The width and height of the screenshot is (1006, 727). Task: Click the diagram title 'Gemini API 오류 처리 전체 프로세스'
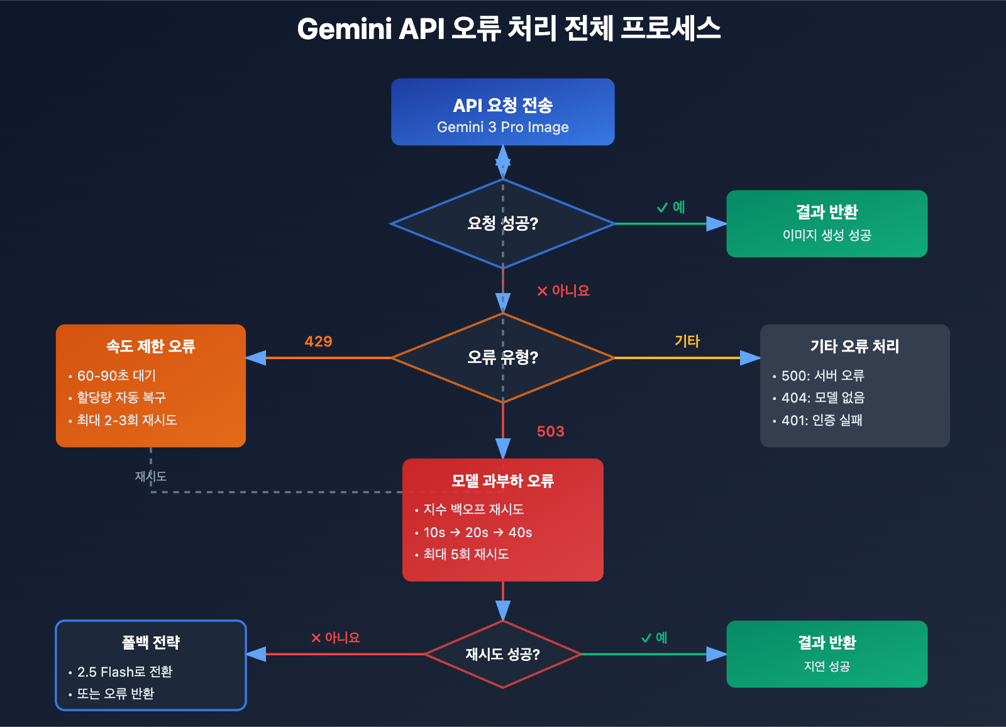508,29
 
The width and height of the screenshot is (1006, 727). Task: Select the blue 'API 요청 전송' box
502,112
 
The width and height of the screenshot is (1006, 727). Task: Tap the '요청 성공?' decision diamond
502,223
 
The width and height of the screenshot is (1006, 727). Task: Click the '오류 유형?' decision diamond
502,357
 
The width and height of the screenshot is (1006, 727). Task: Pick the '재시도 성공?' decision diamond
502,654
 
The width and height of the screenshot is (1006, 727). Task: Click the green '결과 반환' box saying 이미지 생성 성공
826,223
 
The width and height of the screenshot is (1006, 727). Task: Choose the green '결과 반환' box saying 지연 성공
826,654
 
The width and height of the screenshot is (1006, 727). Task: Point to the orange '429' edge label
318,341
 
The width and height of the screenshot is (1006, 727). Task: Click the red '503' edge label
550,431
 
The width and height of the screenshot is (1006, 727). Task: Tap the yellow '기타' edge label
687,341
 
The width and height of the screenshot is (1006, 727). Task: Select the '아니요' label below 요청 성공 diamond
563,291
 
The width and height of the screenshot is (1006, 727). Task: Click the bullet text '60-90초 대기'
116,375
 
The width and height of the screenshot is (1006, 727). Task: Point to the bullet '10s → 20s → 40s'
477,533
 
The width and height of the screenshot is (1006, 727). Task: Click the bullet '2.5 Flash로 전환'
124,672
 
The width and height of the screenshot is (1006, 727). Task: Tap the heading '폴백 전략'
150,642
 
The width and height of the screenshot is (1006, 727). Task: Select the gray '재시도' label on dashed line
150,477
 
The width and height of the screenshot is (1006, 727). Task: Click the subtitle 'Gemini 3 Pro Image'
502,127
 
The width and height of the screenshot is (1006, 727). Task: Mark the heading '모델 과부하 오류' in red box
502,480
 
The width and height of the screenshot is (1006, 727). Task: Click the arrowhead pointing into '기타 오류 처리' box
750,358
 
